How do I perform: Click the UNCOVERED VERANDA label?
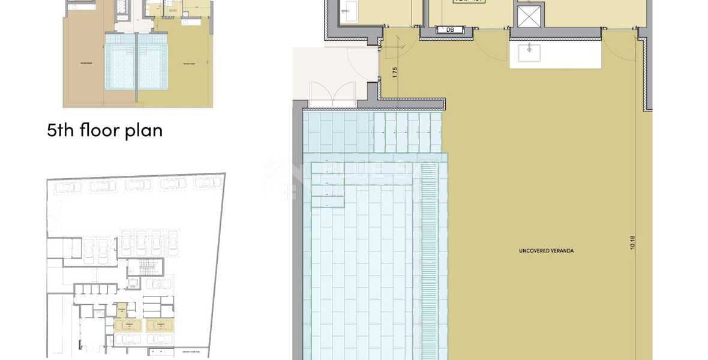click(x=546, y=250)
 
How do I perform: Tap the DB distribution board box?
click(x=450, y=29)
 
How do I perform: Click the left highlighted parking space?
click(x=126, y=325)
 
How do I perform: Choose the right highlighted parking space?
click(x=160, y=325)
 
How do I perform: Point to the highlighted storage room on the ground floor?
click(x=122, y=310)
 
